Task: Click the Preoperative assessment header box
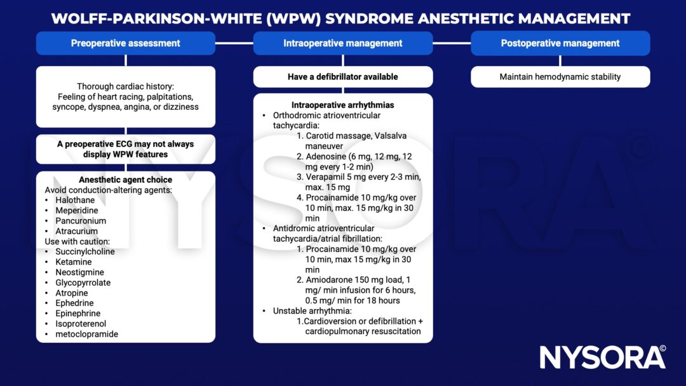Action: pyautogui.click(x=125, y=43)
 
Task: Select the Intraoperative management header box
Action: pyautogui.click(x=342, y=43)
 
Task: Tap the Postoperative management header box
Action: pyautogui.click(x=560, y=43)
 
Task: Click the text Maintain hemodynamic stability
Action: pyautogui.click(x=560, y=77)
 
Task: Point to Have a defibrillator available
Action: pyautogui.click(x=342, y=77)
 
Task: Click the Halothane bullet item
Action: pyautogui.click(x=75, y=200)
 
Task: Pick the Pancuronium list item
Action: pyautogui.click(x=81, y=221)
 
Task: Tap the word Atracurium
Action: pyautogui.click(x=76, y=231)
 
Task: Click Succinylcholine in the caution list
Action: pyautogui.click(x=85, y=251)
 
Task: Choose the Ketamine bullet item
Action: pyautogui.click(x=73, y=262)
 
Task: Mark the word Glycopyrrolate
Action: pyautogui.click(x=83, y=283)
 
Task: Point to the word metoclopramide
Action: pyautogui.click(x=86, y=334)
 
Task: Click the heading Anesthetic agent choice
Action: pyautogui.click(x=125, y=180)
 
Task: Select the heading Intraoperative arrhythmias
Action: pyautogui.click(x=342, y=105)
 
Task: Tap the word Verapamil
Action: pyautogui.click(x=325, y=176)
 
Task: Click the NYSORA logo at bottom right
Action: pyautogui.click(x=602, y=357)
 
